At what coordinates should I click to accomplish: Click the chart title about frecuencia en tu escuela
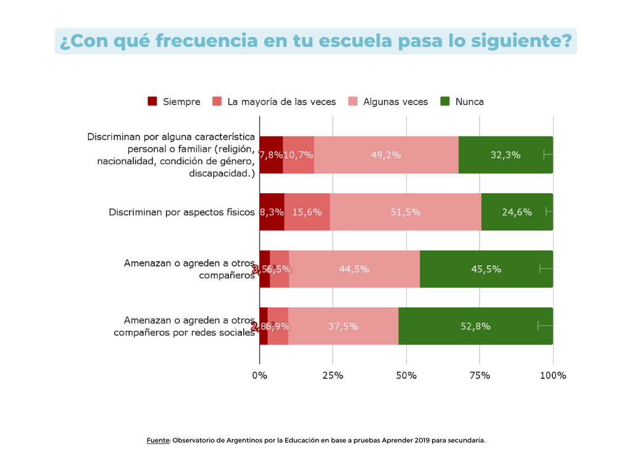[315, 41]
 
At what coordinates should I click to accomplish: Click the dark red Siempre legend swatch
[152, 101]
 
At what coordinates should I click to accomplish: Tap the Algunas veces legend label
[395, 101]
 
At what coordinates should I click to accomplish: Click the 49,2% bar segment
[386, 155]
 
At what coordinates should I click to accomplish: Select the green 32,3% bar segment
[505, 155]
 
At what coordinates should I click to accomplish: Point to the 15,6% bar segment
[307, 212]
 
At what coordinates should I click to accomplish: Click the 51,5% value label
[405, 212]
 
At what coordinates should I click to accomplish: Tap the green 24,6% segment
[517, 212]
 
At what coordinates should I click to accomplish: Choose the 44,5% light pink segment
[354, 269]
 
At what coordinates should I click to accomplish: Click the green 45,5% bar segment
[486, 269]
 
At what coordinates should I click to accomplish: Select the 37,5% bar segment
[343, 326]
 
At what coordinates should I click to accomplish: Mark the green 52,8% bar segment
[475, 326]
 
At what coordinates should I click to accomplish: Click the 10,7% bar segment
[298, 155]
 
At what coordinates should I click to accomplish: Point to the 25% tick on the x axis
[333, 375]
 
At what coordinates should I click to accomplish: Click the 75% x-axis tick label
[480, 375]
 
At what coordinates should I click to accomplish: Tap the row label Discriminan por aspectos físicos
[181, 212]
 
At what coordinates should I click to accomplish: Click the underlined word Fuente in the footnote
[158, 441]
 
